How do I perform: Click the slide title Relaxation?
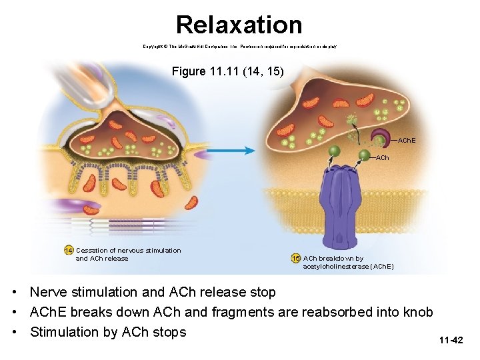239,25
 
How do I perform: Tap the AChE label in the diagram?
407,141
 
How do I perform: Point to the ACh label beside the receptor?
383,158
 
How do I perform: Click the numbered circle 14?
68,251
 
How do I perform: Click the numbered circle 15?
295,259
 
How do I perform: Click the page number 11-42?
451,341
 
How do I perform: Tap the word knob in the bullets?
418,312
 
